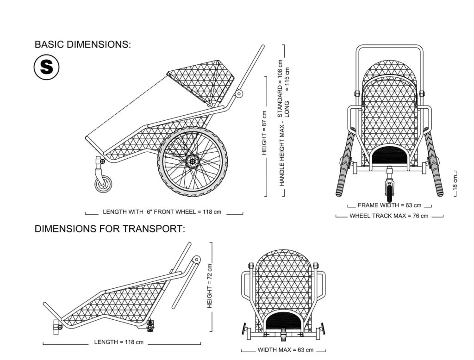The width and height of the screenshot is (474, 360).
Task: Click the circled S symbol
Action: click(x=46, y=67)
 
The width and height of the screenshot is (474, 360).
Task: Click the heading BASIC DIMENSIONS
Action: click(x=83, y=44)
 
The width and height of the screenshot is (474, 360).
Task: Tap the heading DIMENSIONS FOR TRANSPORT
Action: click(x=110, y=229)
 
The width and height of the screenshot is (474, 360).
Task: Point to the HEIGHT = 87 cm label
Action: click(x=264, y=133)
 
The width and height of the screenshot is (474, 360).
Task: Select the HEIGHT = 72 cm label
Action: click(x=210, y=286)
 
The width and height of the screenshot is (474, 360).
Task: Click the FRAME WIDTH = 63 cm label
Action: click(x=389, y=205)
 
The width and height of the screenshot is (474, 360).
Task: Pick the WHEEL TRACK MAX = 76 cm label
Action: click(x=389, y=216)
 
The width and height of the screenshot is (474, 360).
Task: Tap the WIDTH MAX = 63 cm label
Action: click(x=285, y=350)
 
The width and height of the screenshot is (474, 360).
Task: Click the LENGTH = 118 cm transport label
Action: click(x=119, y=342)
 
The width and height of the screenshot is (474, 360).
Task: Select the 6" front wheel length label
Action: click(x=162, y=212)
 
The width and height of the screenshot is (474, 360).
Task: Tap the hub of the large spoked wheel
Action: click(x=192, y=161)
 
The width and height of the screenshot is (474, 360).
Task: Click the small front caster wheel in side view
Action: click(x=103, y=184)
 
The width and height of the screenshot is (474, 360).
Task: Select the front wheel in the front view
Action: click(x=390, y=191)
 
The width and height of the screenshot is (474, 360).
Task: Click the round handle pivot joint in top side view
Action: click(x=239, y=94)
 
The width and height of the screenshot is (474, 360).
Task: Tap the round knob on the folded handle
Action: click(x=196, y=259)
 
